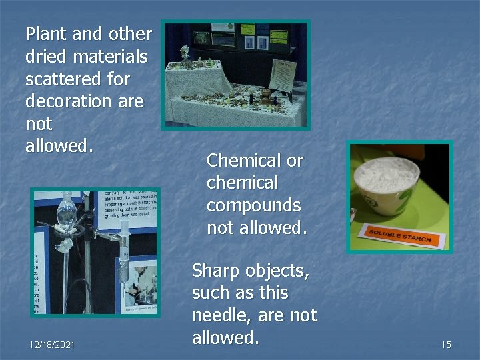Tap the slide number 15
click(x=446, y=345)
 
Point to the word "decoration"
click(x=67, y=101)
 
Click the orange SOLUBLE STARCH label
click(x=399, y=235)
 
